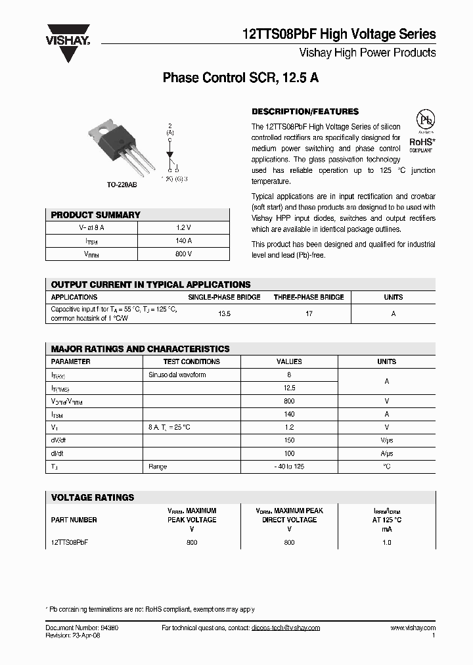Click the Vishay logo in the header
tap(68, 43)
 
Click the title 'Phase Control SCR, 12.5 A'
tap(240, 78)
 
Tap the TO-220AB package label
tap(122, 185)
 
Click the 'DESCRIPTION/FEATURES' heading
tap(305, 112)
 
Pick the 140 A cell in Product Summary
tap(184, 241)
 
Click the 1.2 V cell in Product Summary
tap(184, 227)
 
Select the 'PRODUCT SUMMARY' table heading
tap(96, 215)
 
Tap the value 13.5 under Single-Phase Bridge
tap(224, 314)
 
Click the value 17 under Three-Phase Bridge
tap(309, 314)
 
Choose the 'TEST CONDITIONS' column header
tap(191, 361)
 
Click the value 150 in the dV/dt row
tap(289, 440)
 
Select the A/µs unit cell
tap(386, 453)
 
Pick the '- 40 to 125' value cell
tap(289, 467)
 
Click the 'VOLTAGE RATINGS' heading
tap(93, 497)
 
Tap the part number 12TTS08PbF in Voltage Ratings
tap(70, 542)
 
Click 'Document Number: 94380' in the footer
tap(82, 628)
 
